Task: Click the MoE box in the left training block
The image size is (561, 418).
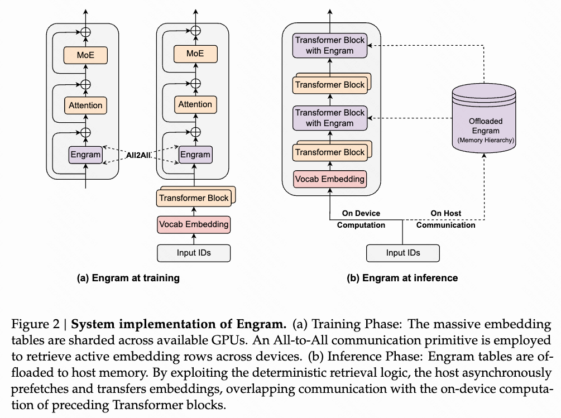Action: [x=85, y=55]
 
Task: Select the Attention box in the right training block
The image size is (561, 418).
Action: [x=195, y=104]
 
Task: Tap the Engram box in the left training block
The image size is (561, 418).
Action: [x=85, y=155]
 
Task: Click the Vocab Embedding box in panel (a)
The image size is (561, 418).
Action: [x=194, y=224]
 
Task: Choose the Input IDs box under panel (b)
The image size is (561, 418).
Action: [x=403, y=253]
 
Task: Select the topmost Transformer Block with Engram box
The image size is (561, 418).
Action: [x=330, y=45]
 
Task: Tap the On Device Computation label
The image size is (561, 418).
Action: [x=361, y=219]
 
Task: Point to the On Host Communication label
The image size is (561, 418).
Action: [x=445, y=219]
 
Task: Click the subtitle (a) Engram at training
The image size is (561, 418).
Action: [x=128, y=278]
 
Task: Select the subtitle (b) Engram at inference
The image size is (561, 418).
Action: [x=402, y=278]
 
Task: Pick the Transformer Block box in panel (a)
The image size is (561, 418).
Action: [x=194, y=198]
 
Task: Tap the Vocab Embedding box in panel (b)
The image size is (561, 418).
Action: [x=330, y=179]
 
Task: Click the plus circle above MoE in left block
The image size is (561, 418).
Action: [x=85, y=32]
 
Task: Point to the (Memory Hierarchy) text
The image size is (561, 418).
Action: [x=485, y=140]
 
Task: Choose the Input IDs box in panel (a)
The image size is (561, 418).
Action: [x=194, y=253]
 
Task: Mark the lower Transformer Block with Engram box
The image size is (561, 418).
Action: [x=330, y=118]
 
